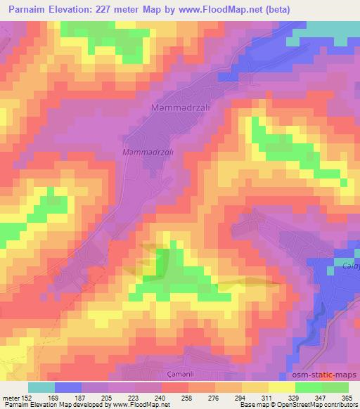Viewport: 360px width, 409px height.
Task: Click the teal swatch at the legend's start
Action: pos(41,387)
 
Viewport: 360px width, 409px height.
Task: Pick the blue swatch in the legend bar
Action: pos(68,387)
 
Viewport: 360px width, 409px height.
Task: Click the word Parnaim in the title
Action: pos(25,8)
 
